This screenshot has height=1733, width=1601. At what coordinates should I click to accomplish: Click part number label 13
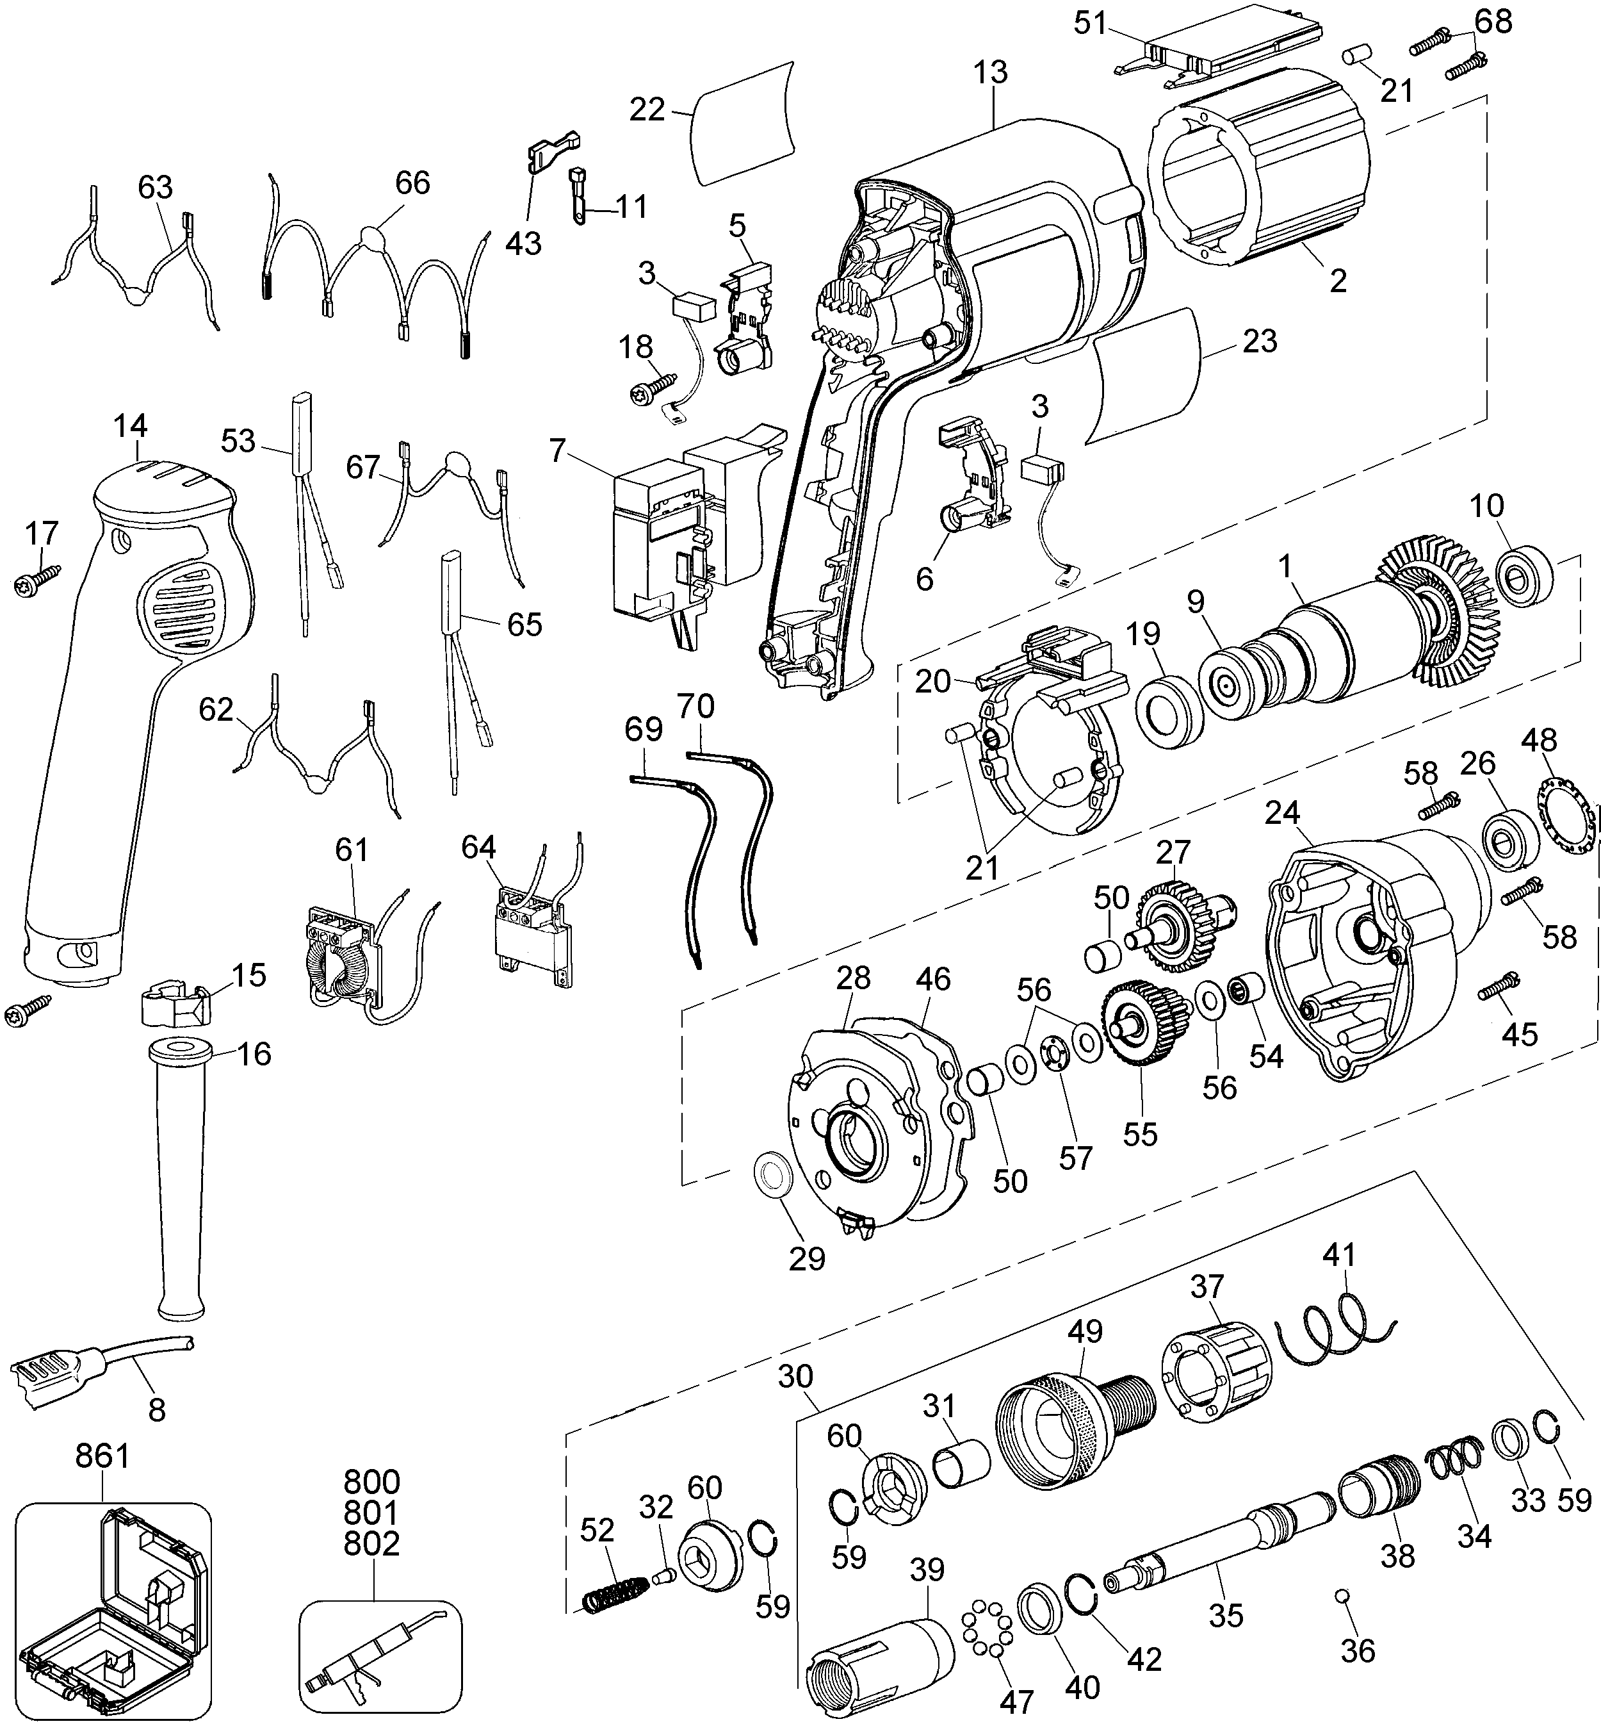click(989, 73)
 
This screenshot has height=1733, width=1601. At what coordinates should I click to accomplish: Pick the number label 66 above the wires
click(412, 183)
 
